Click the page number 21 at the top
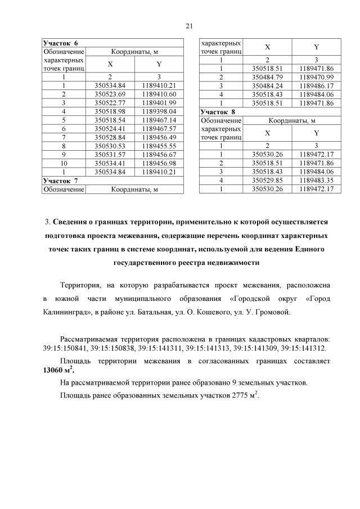click(189, 25)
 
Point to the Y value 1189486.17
click(317, 85)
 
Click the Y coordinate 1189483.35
click(317, 181)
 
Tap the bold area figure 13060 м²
click(58, 370)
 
